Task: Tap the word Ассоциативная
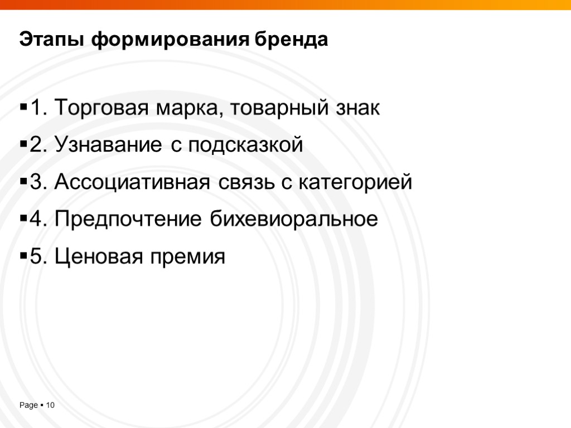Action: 133,182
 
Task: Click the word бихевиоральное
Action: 294,220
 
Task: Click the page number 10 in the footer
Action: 50,405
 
